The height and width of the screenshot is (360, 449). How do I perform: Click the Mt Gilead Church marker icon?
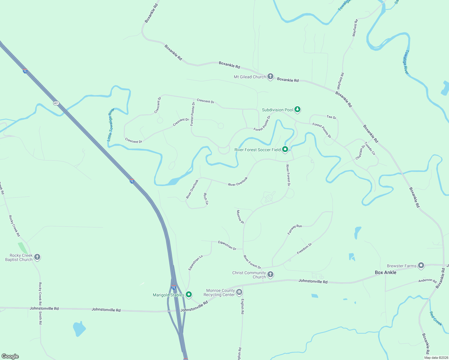270,76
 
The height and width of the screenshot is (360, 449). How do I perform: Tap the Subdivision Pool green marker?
297,109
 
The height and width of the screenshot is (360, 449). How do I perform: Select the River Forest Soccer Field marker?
285,149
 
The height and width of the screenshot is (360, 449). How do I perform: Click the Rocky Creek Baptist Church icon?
37,257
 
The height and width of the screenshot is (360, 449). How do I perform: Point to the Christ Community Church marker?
270,274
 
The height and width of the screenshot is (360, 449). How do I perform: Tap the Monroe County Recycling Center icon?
239,292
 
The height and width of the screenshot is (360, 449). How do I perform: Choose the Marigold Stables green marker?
188,295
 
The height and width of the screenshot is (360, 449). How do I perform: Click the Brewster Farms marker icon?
421,265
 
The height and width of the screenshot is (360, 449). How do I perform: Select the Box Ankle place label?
385,272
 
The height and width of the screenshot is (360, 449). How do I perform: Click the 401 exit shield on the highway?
56,103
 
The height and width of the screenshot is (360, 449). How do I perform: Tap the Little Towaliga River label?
110,124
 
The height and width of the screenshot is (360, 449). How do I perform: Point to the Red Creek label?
435,319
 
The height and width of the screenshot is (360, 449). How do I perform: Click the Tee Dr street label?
331,117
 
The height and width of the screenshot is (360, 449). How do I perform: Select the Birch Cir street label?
206,199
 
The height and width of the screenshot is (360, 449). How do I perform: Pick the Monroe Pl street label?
240,217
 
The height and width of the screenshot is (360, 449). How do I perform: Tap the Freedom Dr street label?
304,249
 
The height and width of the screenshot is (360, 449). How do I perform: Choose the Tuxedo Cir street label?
370,148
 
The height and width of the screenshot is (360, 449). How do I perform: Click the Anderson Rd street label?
427,281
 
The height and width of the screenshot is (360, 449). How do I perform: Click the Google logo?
10,356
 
